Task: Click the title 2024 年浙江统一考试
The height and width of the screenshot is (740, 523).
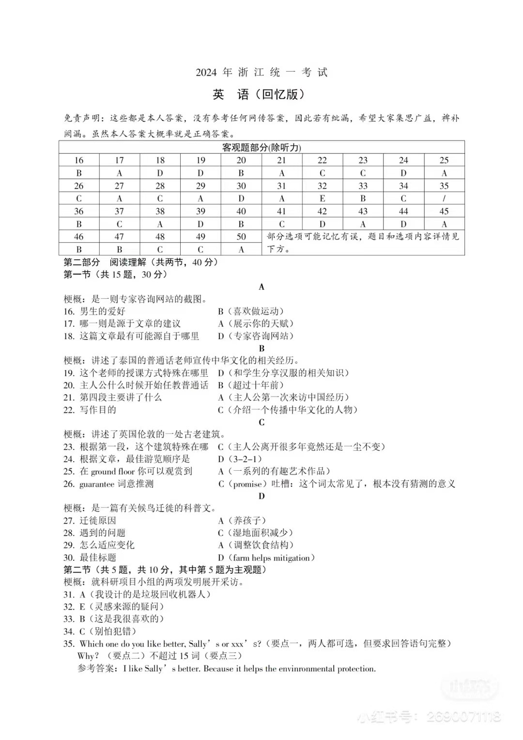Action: click(x=261, y=72)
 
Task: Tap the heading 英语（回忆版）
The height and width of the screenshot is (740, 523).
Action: click(x=259, y=94)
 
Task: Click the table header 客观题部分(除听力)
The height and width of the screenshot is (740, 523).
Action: click(x=261, y=147)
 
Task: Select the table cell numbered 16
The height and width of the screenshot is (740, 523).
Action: click(x=79, y=160)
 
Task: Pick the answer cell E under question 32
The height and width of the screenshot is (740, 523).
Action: click(x=322, y=199)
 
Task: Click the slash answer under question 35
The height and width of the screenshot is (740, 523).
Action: click(x=444, y=199)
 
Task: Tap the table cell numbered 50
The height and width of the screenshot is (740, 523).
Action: click(x=241, y=237)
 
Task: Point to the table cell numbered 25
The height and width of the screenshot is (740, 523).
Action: click(x=444, y=160)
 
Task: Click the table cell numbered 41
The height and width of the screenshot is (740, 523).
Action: click(x=281, y=211)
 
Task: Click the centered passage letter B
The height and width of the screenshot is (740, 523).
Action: click(x=261, y=348)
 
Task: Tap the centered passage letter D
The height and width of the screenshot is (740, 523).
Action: click(x=261, y=496)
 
